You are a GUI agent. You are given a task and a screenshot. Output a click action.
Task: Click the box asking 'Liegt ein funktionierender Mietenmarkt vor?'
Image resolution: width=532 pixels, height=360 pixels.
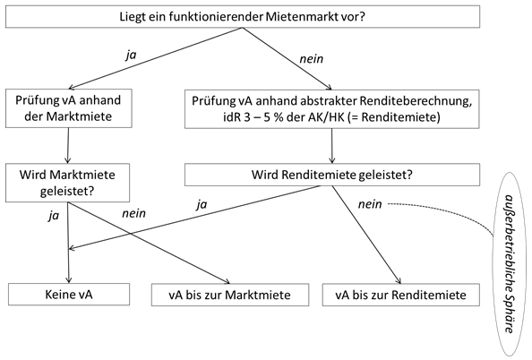point(243,17)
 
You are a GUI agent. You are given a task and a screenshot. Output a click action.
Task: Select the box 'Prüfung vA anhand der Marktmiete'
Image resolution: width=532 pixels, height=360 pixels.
point(69,108)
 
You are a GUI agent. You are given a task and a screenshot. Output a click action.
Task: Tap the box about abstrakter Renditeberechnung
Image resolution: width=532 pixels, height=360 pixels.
point(331,109)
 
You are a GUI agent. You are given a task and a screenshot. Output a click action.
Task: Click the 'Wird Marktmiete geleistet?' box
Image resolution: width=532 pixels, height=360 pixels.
point(67,183)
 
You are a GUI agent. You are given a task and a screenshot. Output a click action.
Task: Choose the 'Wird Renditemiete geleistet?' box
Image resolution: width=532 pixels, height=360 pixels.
point(332,175)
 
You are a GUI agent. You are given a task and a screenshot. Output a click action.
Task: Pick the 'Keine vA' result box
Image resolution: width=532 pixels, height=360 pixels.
point(69,294)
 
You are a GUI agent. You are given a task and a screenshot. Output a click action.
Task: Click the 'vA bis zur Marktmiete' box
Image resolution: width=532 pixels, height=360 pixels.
point(230,295)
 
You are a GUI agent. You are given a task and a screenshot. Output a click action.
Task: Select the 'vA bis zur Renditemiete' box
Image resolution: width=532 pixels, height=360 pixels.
point(401,295)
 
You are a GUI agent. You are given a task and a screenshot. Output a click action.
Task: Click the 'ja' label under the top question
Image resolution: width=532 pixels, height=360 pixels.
point(131,55)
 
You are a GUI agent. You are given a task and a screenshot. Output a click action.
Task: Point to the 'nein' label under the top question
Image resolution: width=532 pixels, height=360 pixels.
point(311,59)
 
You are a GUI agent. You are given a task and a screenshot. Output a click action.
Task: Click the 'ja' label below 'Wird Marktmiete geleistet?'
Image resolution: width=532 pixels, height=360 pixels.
point(54,216)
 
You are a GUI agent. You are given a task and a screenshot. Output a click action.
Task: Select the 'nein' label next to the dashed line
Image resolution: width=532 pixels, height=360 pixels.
point(370,204)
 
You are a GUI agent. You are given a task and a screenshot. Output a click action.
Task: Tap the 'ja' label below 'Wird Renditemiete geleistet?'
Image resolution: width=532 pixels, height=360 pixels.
point(202,204)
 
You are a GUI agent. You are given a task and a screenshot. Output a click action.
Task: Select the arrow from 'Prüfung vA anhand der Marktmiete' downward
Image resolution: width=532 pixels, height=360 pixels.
point(68,146)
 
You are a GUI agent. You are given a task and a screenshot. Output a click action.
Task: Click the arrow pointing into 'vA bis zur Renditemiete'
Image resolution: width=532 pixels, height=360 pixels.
point(366,235)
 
